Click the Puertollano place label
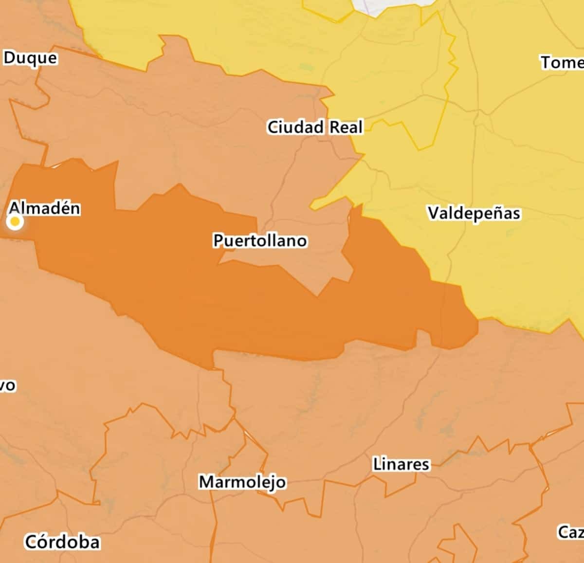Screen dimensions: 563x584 coord(260,240)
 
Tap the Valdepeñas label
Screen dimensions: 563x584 coord(474,213)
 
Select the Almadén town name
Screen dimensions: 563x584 coord(45,208)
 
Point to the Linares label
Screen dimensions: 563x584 coord(401,464)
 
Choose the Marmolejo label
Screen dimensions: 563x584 coord(242,482)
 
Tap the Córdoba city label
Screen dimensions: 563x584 coord(62,542)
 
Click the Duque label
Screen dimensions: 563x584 coord(30,58)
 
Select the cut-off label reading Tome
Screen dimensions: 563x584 coord(562,62)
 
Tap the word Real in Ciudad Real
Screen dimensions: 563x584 coord(346,127)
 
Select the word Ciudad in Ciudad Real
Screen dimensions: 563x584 coord(295,127)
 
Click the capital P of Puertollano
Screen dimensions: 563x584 coord(219,240)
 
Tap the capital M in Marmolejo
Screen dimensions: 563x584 coord(206,482)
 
